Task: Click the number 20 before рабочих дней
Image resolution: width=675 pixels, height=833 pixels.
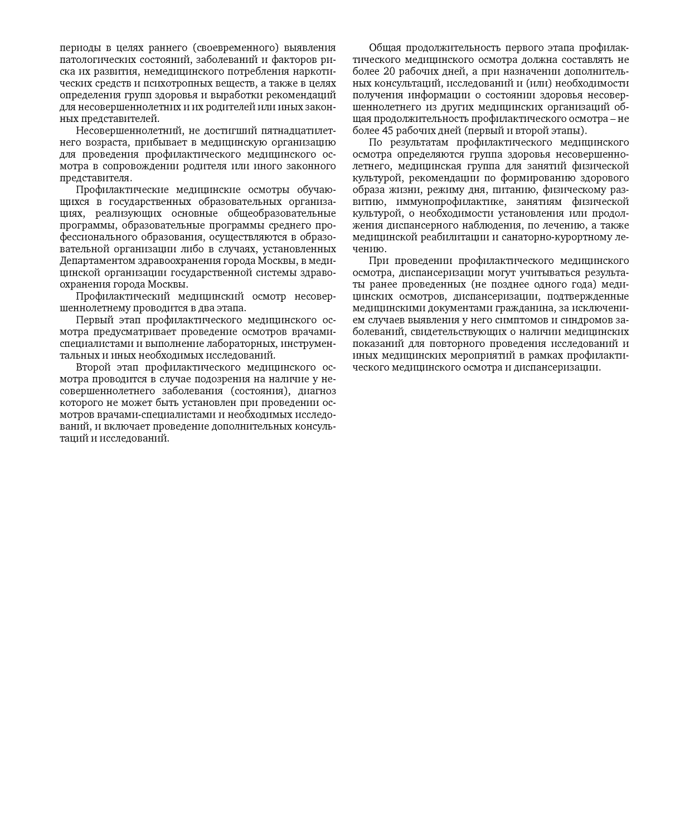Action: point(390,71)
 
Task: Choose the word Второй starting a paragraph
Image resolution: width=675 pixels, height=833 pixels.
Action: point(93,367)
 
